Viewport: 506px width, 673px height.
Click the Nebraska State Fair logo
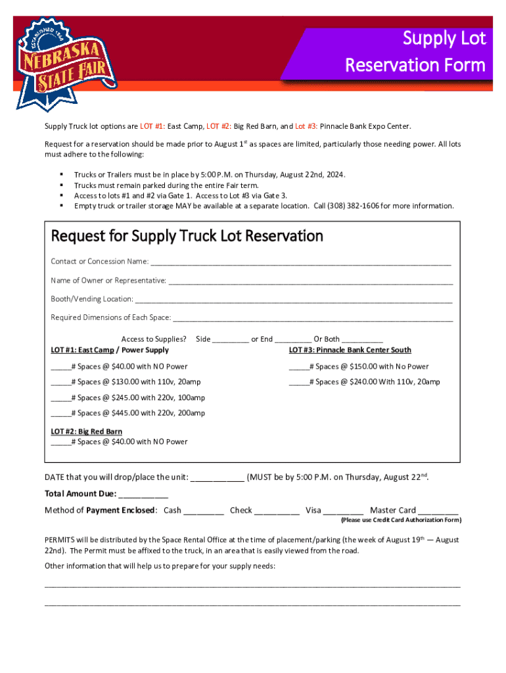(x=65, y=62)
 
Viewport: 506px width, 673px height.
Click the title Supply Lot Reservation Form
(x=415, y=52)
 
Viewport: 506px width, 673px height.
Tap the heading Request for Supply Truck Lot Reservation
(x=187, y=236)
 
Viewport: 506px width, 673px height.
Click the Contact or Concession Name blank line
(x=300, y=262)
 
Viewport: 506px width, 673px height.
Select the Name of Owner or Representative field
(x=310, y=281)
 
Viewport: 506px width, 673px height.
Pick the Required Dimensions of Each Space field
(x=312, y=318)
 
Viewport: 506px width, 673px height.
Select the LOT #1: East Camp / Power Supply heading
(x=110, y=350)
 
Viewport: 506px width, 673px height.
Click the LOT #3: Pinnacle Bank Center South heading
(x=350, y=350)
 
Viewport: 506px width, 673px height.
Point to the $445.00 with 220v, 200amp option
(x=128, y=413)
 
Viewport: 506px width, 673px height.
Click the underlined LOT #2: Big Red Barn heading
(x=87, y=432)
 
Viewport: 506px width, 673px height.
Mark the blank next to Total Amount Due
(x=143, y=494)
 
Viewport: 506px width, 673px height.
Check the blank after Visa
(x=343, y=511)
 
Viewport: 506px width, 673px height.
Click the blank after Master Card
(x=438, y=511)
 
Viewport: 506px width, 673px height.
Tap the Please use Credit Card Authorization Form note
(x=400, y=521)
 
